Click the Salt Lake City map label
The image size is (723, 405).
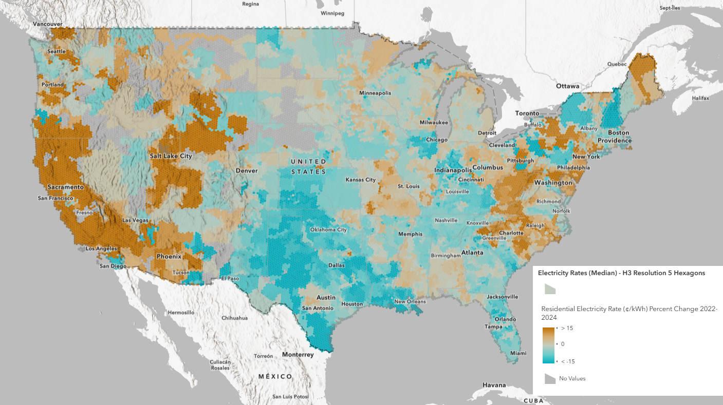(171, 156)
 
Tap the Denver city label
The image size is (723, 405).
(246, 170)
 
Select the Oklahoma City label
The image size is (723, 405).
(328, 229)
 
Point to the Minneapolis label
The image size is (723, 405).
(375, 93)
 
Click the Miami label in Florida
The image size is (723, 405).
(518, 353)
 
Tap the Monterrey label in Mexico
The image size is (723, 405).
(298, 355)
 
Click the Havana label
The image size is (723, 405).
(493, 385)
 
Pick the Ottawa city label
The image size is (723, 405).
(567, 86)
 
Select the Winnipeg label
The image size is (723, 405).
(332, 13)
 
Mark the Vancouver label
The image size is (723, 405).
(47, 24)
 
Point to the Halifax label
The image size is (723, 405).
(700, 98)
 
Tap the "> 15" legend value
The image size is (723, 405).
(567, 328)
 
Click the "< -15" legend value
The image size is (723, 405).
(567, 361)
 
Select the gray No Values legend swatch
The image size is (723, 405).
(550, 379)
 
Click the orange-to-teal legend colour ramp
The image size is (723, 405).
(549, 345)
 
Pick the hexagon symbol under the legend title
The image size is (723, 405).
(550, 288)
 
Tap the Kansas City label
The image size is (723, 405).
(360, 180)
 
